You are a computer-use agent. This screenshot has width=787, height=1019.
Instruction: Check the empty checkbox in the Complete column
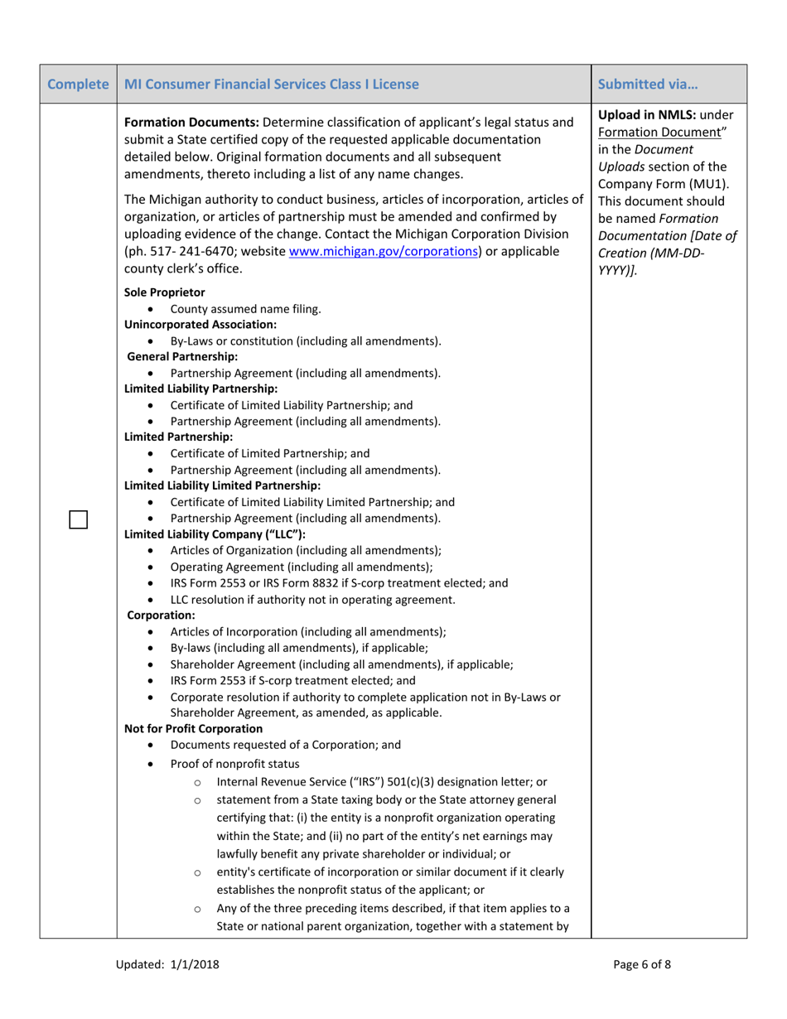click(x=78, y=519)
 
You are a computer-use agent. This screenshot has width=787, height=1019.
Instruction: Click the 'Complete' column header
click(x=78, y=84)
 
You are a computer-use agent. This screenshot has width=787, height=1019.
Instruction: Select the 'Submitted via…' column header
click(x=647, y=84)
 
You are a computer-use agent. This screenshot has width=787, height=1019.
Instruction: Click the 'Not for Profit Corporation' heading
click(x=192, y=728)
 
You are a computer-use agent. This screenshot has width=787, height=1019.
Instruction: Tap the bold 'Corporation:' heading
click(x=161, y=616)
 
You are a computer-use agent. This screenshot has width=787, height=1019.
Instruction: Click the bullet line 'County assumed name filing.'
click(x=245, y=309)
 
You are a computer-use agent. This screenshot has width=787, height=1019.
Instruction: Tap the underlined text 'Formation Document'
click(x=646, y=132)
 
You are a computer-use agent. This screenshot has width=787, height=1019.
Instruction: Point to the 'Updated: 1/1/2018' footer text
click(x=167, y=963)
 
